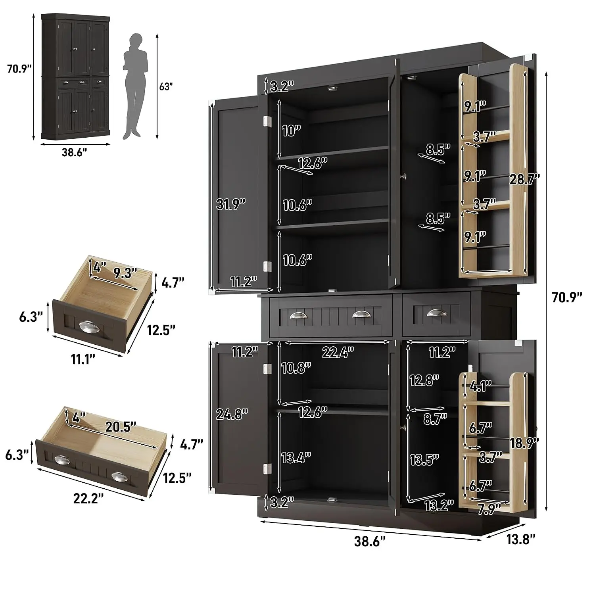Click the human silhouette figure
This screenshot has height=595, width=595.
[133, 86]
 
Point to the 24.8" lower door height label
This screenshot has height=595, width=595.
[232, 414]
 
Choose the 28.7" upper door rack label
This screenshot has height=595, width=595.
[525, 179]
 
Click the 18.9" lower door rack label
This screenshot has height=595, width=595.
[524, 443]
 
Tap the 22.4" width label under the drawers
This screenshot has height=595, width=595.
[338, 352]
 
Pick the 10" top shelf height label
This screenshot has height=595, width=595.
[291, 131]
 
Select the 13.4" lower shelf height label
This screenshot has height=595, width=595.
[296, 458]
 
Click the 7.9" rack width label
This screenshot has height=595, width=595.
[489, 509]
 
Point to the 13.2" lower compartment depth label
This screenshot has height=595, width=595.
[439, 505]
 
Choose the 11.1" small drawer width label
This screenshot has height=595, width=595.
[83, 359]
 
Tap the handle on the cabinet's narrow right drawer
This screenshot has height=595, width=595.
[437, 313]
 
